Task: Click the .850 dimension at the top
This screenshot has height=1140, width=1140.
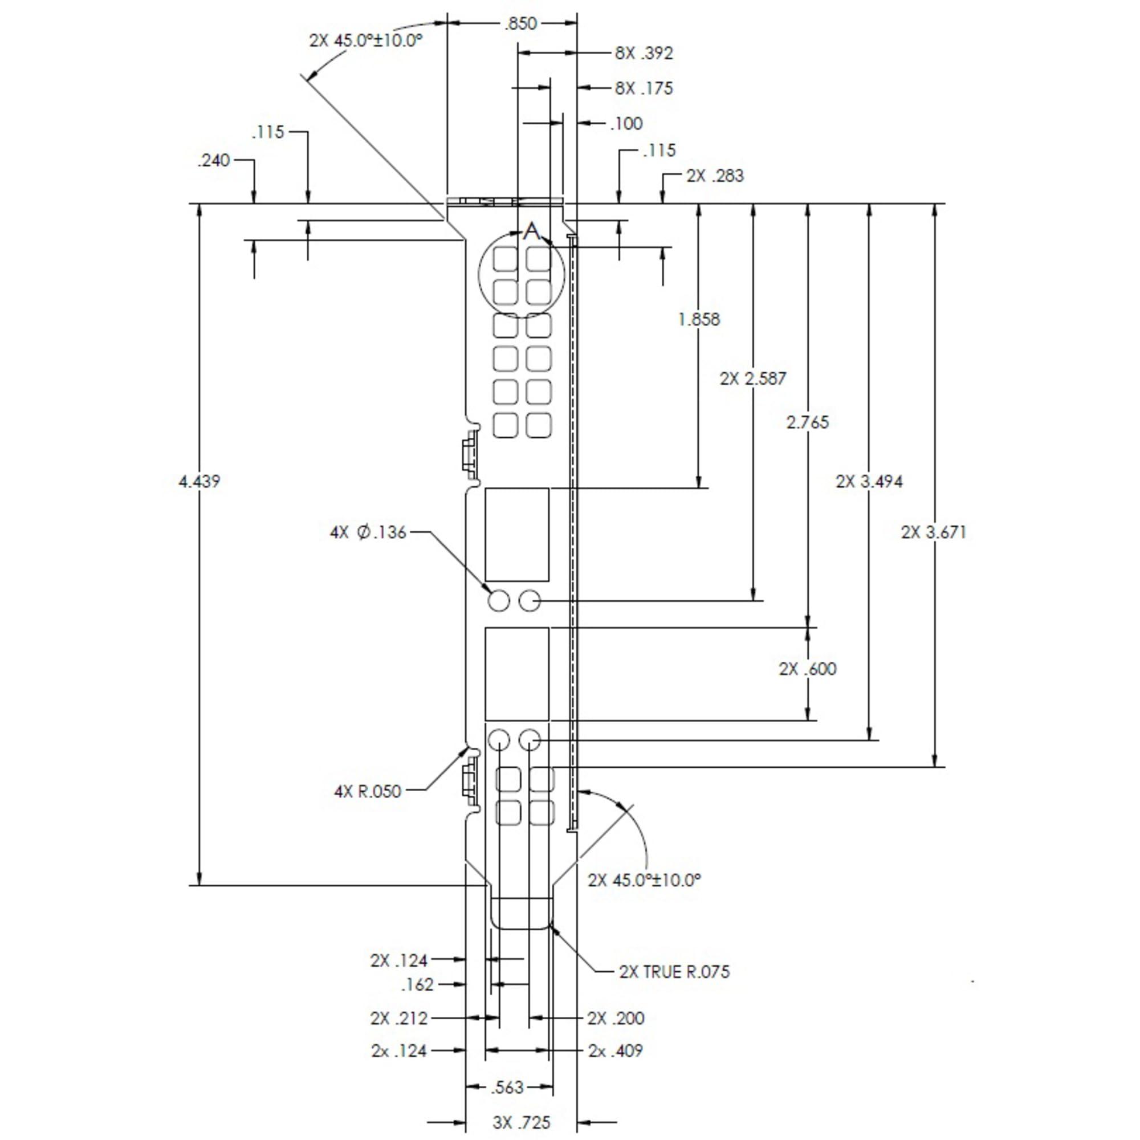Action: click(x=520, y=23)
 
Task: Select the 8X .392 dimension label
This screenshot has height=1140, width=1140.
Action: click(x=643, y=53)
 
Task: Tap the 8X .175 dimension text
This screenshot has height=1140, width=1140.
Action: click(x=643, y=88)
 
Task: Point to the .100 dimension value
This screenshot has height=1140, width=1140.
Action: click(x=626, y=123)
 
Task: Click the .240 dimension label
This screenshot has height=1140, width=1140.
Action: click(x=214, y=161)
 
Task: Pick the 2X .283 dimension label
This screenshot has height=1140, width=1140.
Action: click(x=715, y=176)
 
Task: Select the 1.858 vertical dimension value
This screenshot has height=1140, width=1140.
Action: click(x=699, y=320)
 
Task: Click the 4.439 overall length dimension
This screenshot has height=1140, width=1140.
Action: click(x=199, y=482)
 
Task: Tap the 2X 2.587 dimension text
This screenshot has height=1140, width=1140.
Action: click(x=753, y=378)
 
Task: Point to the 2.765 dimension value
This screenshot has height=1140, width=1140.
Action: click(x=807, y=422)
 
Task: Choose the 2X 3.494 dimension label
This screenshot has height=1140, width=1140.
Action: click(x=869, y=482)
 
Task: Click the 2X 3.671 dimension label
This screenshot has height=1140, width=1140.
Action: click(x=934, y=532)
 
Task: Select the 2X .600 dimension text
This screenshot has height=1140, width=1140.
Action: click(x=807, y=669)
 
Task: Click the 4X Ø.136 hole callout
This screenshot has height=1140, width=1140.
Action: click(x=368, y=532)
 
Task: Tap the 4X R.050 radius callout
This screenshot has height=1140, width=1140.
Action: click(x=368, y=791)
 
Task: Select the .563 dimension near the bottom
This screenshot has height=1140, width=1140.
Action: click(x=507, y=1087)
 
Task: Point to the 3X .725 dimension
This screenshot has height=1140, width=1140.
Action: click(x=521, y=1122)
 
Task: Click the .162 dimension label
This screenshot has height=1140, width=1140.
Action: click(x=417, y=984)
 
